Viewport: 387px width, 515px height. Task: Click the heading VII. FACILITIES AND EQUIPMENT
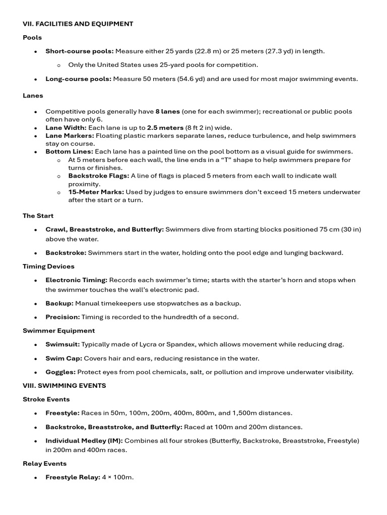tap(78, 24)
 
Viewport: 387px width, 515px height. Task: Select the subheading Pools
tap(32, 38)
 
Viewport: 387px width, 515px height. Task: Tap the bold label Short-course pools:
tap(80, 51)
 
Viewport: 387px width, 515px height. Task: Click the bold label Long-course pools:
tap(79, 79)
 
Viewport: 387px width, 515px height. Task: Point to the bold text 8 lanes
tap(167, 112)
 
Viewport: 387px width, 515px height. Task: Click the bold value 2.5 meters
tap(165, 128)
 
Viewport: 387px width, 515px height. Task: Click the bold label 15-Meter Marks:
tap(96, 192)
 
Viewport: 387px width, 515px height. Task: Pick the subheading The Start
tap(38, 216)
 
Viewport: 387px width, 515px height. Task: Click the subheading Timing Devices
tap(48, 267)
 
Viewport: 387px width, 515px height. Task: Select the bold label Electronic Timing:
tap(76, 280)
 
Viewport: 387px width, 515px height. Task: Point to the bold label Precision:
tap(62, 317)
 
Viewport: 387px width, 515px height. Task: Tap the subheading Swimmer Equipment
tap(58, 331)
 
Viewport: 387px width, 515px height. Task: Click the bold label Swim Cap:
tap(63, 359)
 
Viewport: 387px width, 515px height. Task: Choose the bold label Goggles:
tap(60, 372)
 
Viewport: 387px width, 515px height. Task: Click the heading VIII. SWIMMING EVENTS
tap(64, 386)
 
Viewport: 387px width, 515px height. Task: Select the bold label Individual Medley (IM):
tap(84, 441)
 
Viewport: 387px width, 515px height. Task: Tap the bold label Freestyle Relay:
tap(73, 477)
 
